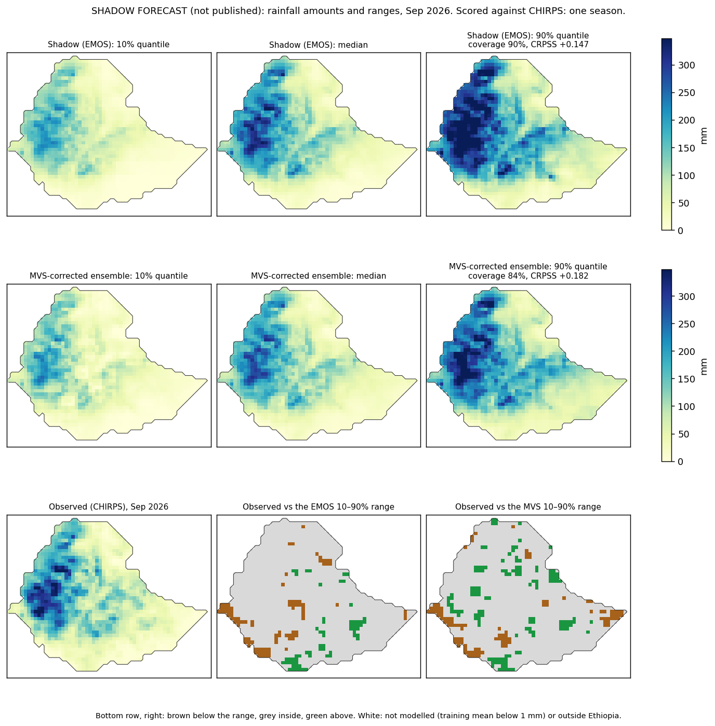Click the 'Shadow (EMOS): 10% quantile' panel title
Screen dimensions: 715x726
108,45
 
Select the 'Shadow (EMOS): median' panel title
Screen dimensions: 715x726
318,45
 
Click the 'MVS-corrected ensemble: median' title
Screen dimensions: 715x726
318,276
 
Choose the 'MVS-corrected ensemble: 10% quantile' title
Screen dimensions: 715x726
108,276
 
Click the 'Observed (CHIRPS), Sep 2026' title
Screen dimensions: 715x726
108,506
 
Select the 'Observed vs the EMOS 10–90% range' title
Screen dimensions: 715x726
318,506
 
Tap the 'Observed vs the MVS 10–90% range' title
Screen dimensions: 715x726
528,506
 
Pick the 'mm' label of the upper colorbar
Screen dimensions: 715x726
704,136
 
